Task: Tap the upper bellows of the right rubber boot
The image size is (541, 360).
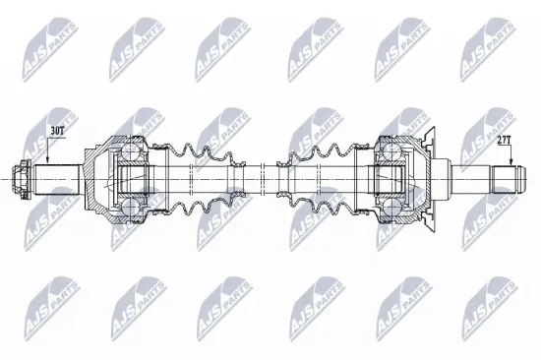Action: tap(325, 158)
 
